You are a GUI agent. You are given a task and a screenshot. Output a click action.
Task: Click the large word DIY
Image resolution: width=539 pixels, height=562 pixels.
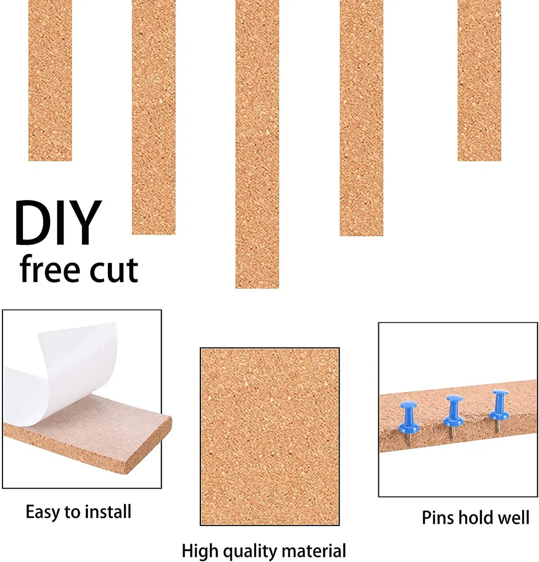coord(57,223)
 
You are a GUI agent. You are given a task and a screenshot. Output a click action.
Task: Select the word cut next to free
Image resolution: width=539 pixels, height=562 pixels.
coord(113,270)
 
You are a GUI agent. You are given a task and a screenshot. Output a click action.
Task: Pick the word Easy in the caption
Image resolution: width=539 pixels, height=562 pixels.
coord(44,512)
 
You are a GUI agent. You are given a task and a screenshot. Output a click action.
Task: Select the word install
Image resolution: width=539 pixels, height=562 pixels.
coord(109,511)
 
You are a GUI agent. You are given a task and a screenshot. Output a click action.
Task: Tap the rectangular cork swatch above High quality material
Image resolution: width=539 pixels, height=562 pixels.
coord(269,436)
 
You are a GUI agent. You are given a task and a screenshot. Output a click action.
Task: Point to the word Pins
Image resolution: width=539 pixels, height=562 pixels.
coord(438,518)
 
